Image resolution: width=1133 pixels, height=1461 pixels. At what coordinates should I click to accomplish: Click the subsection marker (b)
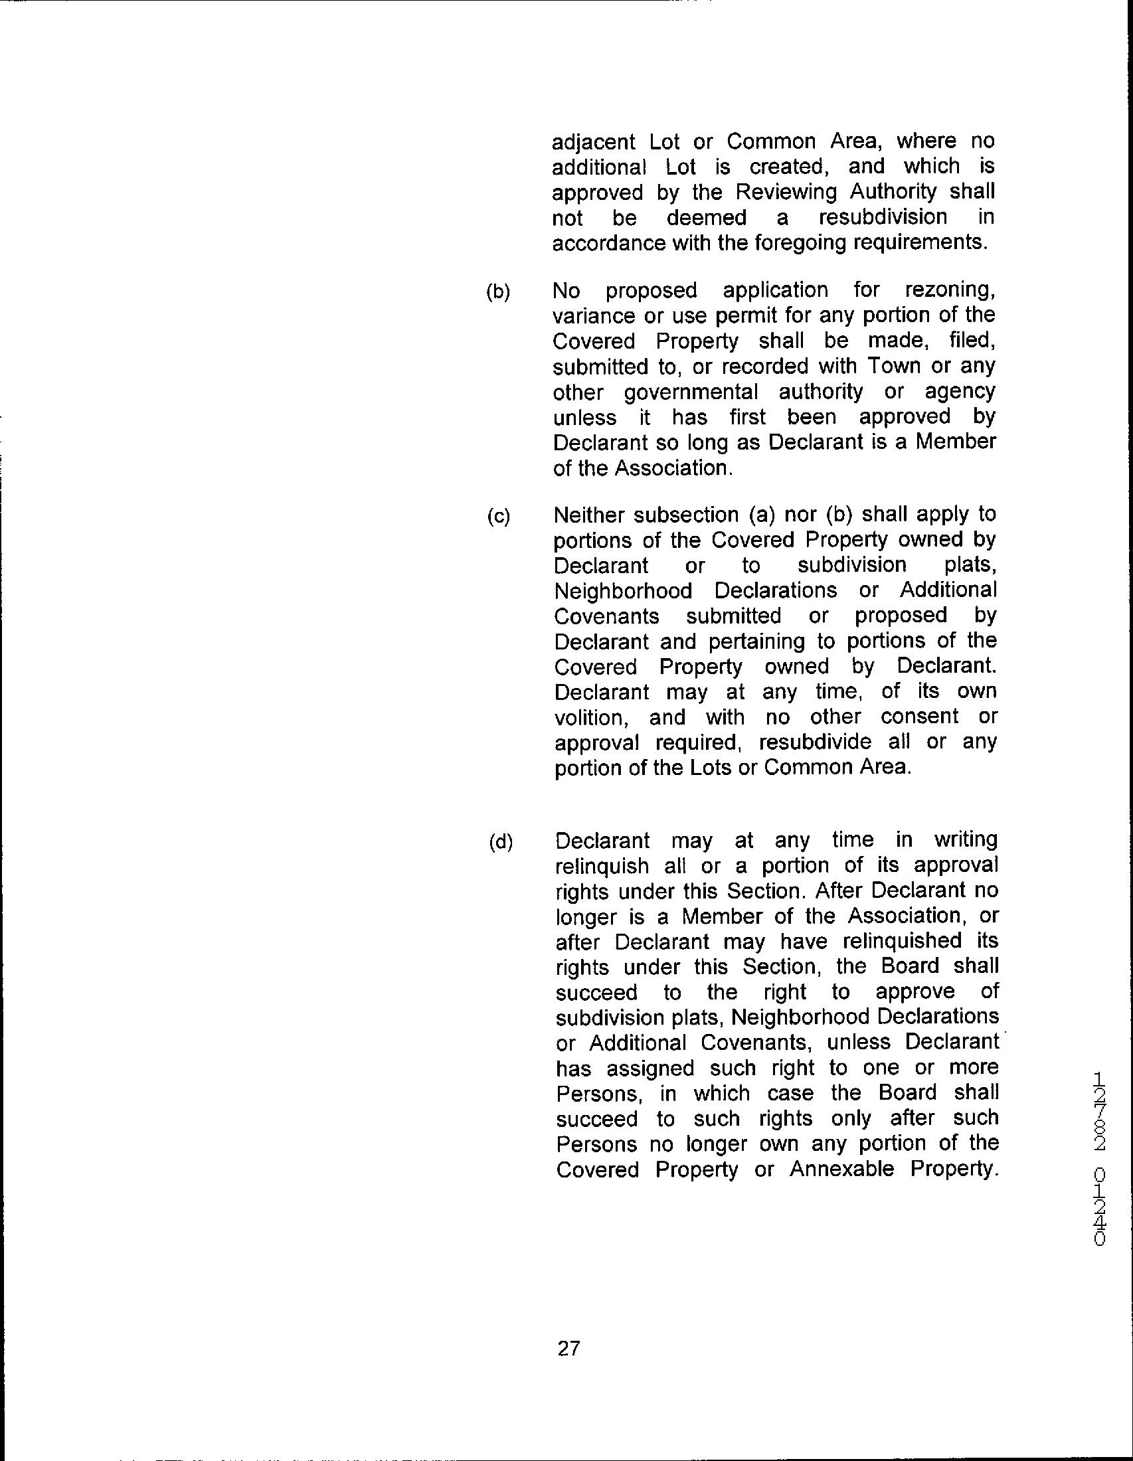pos(497,292)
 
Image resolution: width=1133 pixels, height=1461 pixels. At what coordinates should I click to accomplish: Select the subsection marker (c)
pos(498,517)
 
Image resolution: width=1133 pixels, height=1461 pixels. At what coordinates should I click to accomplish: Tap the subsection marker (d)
pos(500,842)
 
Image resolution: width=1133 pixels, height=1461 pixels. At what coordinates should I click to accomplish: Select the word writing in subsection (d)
pos(965,841)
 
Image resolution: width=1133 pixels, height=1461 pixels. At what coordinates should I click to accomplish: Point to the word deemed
pos(706,218)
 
